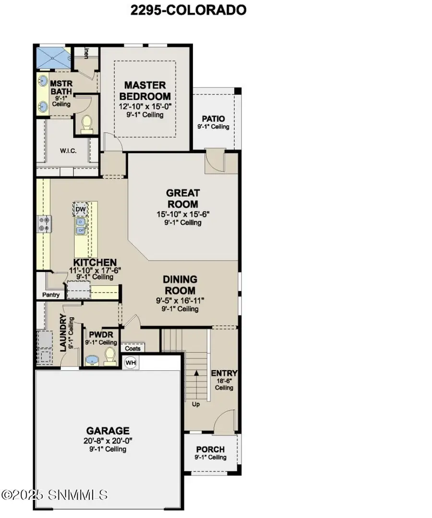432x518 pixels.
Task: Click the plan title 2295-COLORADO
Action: coord(188,10)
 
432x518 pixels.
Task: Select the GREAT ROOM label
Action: coord(183,199)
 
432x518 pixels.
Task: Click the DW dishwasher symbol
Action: coord(80,210)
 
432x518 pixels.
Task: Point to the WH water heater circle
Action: coord(131,363)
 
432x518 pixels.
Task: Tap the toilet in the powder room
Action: coord(110,356)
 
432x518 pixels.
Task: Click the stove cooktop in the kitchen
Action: coord(45,224)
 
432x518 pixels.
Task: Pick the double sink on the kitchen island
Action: coord(80,226)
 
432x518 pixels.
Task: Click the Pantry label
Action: coord(51,294)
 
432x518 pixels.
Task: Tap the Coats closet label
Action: coord(132,349)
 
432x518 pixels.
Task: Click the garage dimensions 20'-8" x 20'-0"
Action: coord(108,441)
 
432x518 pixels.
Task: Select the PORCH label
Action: coord(210,449)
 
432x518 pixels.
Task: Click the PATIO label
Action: coord(213,119)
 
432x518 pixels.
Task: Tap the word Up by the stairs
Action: coord(196,404)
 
